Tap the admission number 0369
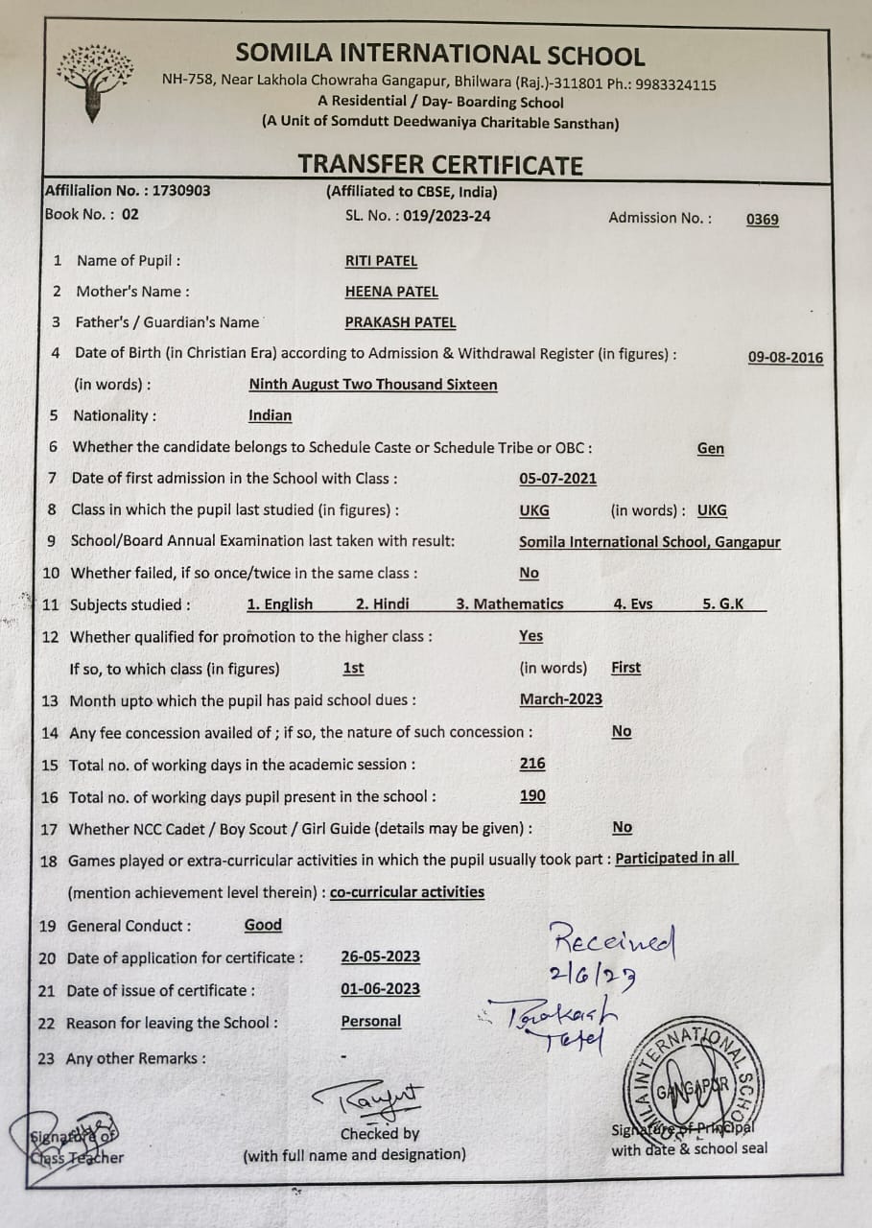(763, 219)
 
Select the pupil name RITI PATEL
(381, 261)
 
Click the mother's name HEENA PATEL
(391, 292)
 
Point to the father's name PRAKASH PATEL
(400, 322)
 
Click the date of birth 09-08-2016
(785, 357)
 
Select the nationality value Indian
(270, 415)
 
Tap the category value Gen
(711, 448)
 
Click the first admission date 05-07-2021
(557, 479)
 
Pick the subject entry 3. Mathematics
(509, 603)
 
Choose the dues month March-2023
(561, 698)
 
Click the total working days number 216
(532, 764)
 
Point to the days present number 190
(532, 795)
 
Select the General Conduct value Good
(263, 925)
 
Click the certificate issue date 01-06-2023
(380, 989)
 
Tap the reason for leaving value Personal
(371, 1021)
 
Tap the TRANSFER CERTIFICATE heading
(440, 164)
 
